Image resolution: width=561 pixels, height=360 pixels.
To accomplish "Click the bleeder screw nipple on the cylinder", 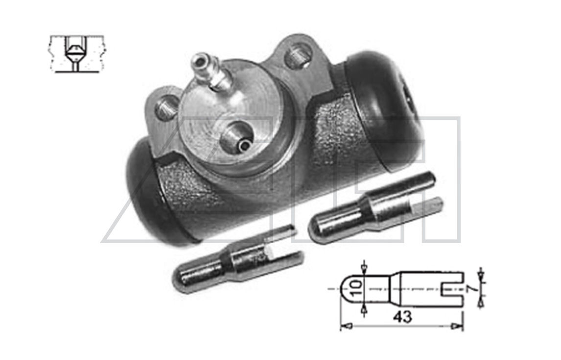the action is tap(210, 72).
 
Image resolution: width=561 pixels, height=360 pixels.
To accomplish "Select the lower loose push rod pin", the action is tap(238, 259).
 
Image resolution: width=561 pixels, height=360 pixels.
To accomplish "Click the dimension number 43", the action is tap(402, 317).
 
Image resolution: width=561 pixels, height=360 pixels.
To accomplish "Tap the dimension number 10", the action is tap(357, 288).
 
